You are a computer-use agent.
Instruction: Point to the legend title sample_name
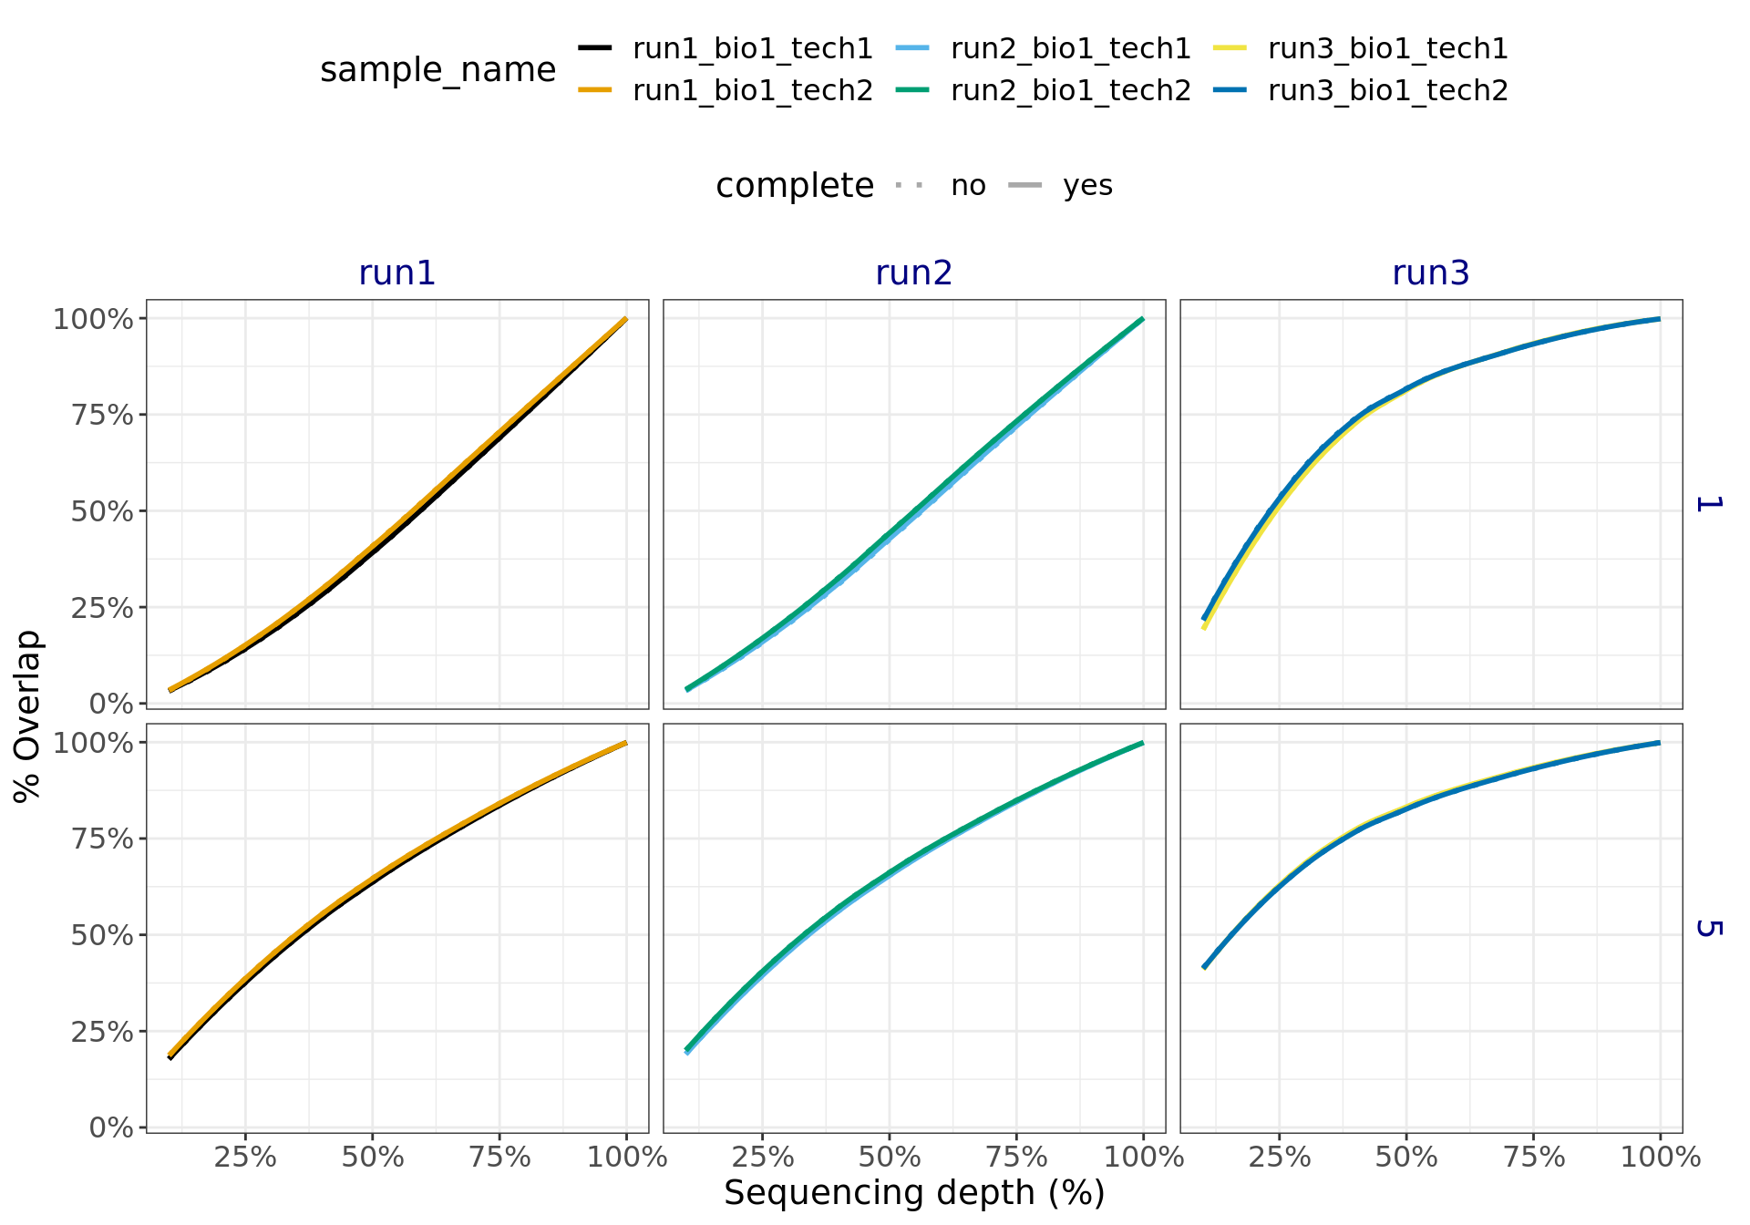click(x=437, y=70)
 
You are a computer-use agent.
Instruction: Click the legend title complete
click(x=794, y=186)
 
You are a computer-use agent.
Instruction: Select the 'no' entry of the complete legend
click(x=967, y=186)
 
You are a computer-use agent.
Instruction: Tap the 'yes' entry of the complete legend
click(x=1087, y=186)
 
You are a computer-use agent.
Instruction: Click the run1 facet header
click(x=396, y=273)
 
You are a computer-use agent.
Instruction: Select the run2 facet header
click(x=913, y=273)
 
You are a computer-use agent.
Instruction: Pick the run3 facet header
click(x=1430, y=273)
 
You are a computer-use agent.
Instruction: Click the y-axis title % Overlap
click(x=28, y=715)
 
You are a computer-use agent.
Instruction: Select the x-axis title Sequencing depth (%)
click(x=913, y=1193)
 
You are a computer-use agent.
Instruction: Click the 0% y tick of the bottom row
click(x=111, y=1128)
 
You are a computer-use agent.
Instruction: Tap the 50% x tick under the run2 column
click(x=889, y=1158)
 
